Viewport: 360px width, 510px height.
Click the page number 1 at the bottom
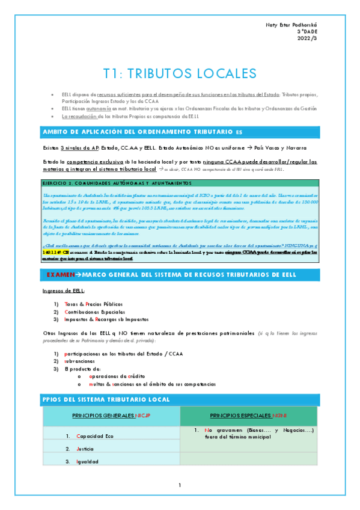click(180, 485)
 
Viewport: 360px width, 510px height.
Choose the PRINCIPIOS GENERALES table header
click(111, 416)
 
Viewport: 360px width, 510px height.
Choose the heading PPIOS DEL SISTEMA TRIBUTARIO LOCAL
click(106, 399)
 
